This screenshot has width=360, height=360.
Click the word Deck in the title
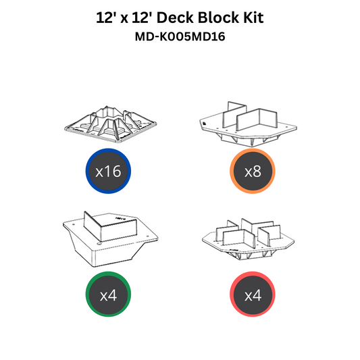[x=175, y=18]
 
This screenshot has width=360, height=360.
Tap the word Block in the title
[x=218, y=18]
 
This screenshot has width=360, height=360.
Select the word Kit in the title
[x=253, y=18]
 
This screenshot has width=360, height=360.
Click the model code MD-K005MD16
[x=180, y=36]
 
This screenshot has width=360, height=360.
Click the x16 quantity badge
[x=108, y=171]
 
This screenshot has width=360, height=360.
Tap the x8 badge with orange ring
[x=253, y=171]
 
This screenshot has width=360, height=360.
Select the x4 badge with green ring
[x=108, y=294]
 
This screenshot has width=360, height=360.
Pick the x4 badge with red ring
[x=253, y=294]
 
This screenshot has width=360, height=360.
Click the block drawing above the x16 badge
[x=111, y=124]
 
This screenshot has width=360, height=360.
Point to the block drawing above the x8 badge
[x=248, y=124]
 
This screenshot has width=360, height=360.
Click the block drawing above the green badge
[x=111, y=239]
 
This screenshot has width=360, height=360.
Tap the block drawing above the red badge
[x=248, y=239]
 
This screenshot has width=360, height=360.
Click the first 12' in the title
[x=106, y=18]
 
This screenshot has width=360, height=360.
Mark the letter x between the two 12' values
[x=124, y=20]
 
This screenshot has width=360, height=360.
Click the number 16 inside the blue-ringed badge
[x=113, y=172]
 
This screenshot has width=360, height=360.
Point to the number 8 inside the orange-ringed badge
[x=257, y=172]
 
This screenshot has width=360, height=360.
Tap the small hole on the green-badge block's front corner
[x=99, y=243]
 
